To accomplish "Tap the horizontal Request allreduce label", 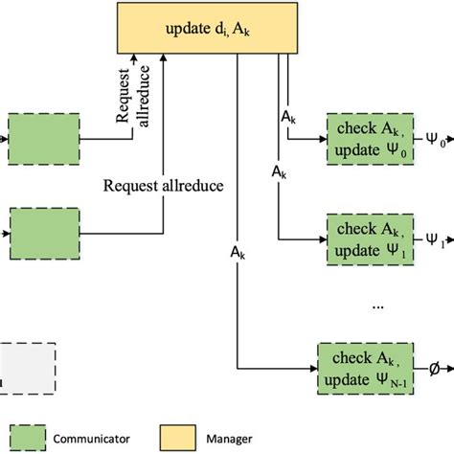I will tap(165, 186).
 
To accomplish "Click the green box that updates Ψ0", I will tap(365, 138).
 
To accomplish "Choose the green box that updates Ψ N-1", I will tap(365, 368).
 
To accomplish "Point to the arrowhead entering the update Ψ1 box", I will tap(323, 238).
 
